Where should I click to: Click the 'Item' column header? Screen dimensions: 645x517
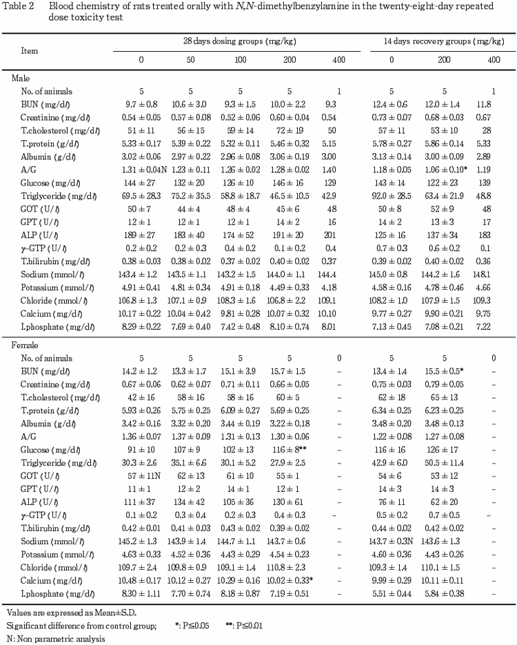[x=30, y=51]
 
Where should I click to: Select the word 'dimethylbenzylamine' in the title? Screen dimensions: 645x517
[x=219, y=6]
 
